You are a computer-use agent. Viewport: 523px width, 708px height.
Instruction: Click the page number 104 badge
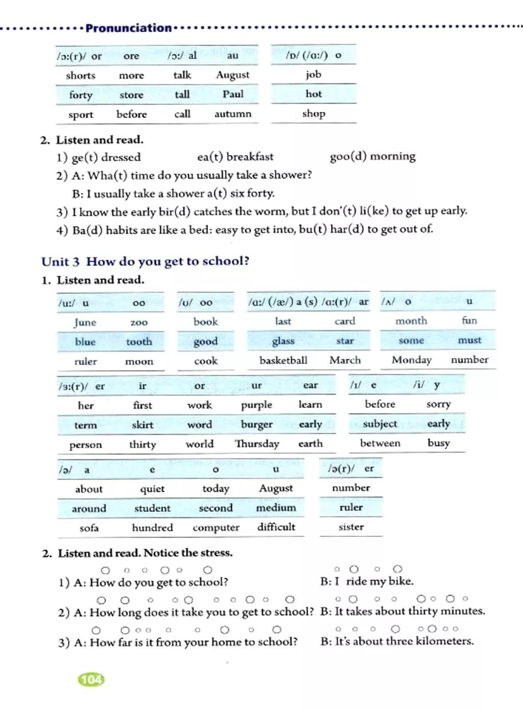click(x=91, y=679)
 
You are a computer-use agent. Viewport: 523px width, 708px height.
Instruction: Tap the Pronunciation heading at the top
click(x=129, y=28)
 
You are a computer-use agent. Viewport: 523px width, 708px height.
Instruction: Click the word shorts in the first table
click(x=81, y=76)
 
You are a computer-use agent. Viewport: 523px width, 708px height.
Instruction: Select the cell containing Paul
click(x=233, y=94)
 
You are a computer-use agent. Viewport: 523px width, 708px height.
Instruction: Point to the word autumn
click(x=233, y=114)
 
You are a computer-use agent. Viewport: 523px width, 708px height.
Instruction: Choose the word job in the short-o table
click(x=314, y=75)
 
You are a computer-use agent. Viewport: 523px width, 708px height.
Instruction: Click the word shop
click(x=314, y=114)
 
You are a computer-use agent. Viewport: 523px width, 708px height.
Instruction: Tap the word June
click(x=85, y=322)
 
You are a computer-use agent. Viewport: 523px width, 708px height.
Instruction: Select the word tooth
click(x=139, y=342)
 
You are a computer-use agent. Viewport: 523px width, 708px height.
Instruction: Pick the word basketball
click(x=283, y=360)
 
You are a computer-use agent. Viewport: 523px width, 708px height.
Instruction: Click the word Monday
click(x=412, y=360)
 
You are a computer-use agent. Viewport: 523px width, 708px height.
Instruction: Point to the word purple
click(x=256, y=405)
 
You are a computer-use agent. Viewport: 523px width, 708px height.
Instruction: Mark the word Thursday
click(x=257, y=444)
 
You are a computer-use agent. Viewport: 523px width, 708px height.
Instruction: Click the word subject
click(x=380, y=424)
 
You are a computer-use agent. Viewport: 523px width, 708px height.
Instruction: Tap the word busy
click(x=439, y=443)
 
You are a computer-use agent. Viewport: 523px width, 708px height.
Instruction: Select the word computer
click(x=216, y=528)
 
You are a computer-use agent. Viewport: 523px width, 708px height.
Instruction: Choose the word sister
click(x=351, y=527)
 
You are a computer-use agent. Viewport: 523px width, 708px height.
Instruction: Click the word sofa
click(x=89, y=528)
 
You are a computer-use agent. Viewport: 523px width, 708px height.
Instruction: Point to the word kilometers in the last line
click(x=445, y=641)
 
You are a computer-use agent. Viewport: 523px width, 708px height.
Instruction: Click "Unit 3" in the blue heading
click(x=61, y=262)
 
